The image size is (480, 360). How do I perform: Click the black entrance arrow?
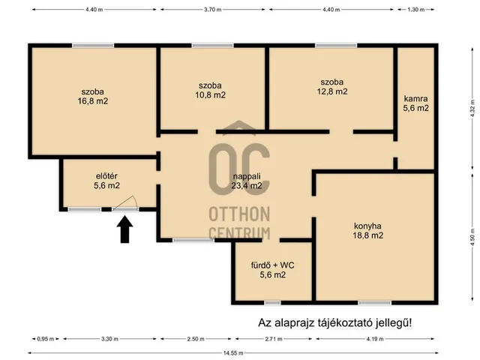(x=124, y=229)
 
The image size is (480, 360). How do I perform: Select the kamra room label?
(x=415, y=98)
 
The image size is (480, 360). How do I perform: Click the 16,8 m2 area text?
(x=93, y=101)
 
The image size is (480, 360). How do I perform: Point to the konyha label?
(x=367, y=226)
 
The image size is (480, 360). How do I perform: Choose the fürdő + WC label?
(x=273, y=265)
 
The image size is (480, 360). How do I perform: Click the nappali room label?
(x=247, y=176)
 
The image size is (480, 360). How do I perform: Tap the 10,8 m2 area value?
(x=211, y=95)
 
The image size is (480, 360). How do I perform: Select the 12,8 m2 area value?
(x=332, y=91)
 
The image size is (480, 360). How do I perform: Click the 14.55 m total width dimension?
(x=233, y=353)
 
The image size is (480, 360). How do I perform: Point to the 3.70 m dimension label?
(x=213, y=10)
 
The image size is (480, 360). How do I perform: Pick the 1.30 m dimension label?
(x=416, y=10)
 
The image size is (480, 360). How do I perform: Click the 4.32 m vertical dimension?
(x=473, y=108)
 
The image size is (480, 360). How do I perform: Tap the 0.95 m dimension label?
(x=46, y=339)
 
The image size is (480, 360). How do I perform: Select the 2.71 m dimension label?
(x=274, y=339)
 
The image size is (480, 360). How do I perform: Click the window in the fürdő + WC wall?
(x=272, y=303)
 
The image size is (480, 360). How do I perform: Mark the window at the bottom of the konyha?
(x=375, y=303)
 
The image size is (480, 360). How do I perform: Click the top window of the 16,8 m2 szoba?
(x=93, y=46)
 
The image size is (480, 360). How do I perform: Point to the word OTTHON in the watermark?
(x=239, y=214)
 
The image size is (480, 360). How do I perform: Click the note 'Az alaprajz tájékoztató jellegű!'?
(x=335, y=322)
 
